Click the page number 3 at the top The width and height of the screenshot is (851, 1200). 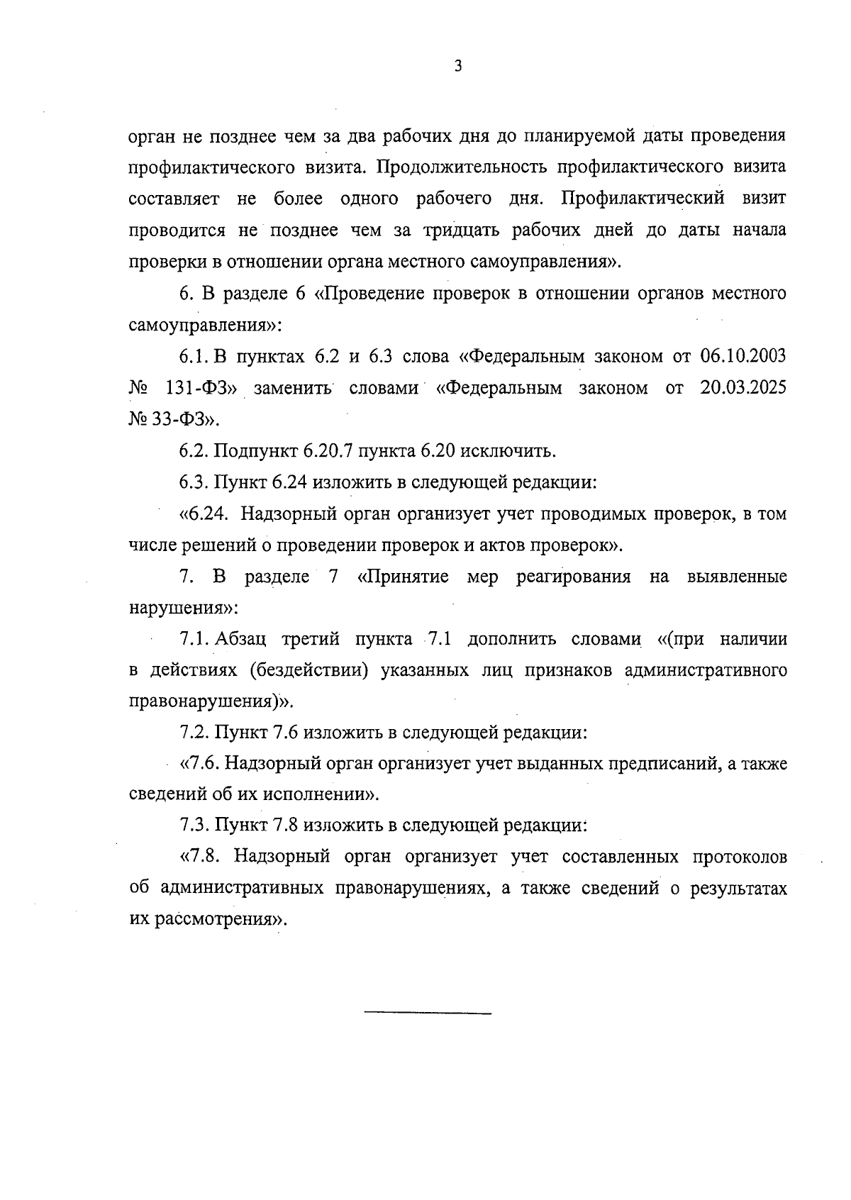pos(458,67)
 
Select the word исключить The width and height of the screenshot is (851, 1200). pos(516,451)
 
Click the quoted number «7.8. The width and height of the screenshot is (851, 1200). pos(202,857)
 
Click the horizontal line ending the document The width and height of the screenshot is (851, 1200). pos(427,1013)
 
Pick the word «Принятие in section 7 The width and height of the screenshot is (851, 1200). pos(403,577)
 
